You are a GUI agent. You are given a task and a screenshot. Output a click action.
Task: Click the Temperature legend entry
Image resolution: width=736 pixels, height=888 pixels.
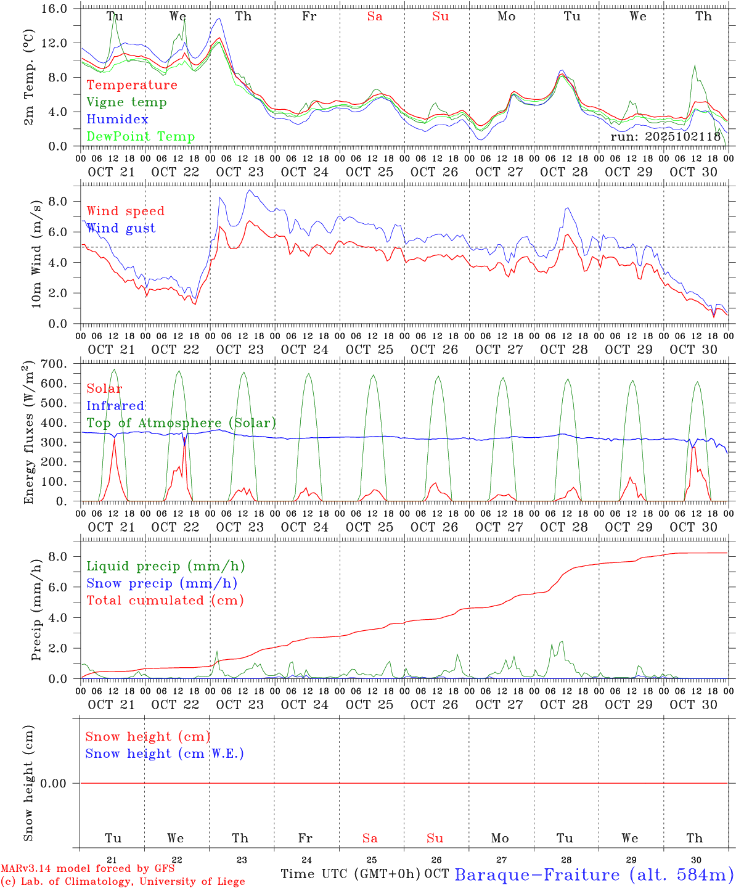(x=132, y=85)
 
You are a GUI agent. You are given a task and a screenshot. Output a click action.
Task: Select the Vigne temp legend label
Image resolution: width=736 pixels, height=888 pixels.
(x=126, y=102)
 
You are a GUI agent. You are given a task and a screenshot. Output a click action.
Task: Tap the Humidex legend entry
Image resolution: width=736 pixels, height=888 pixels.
(x=117, y=120)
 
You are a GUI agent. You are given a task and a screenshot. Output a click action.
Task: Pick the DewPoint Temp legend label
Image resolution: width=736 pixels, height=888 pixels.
(x=141, y=137)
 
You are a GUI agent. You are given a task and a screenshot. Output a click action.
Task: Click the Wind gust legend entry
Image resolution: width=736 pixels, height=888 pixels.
(x=121, y=228)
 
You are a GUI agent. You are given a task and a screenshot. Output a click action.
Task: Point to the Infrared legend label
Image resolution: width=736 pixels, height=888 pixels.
(x=115, y=406)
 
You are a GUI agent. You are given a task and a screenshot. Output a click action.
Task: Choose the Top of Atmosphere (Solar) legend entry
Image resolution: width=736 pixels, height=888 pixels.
(x=181, y=423)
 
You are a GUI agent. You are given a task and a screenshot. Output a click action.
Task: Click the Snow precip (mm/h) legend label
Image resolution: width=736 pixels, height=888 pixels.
(x=162, y=583)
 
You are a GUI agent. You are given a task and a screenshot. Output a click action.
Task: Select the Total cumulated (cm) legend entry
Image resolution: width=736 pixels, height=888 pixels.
(x=165, y=601)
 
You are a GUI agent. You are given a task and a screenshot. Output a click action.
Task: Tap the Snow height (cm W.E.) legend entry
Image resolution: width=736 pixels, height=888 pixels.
(x=165, y=754)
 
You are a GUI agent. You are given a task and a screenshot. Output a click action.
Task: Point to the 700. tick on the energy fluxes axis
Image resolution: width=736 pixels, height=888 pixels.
(x=60, y=364)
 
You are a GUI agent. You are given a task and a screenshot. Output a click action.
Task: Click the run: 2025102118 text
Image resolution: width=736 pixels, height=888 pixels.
(x=665, y=137)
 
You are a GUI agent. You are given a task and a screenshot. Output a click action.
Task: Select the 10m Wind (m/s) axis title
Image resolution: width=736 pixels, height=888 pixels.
(x=36, y=254)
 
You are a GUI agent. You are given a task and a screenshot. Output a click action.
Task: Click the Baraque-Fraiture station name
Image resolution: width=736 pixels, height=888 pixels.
(x=594, y=874)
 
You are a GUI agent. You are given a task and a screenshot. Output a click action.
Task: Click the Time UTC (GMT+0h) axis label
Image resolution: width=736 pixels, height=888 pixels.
(x=351, y=874)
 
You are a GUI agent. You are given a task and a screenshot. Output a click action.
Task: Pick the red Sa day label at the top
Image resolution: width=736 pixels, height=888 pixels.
(x=375, y=17)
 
